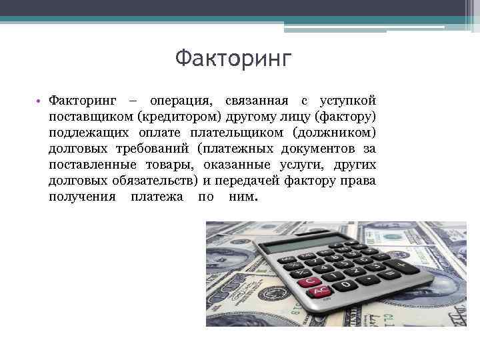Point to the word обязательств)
[160, 181]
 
